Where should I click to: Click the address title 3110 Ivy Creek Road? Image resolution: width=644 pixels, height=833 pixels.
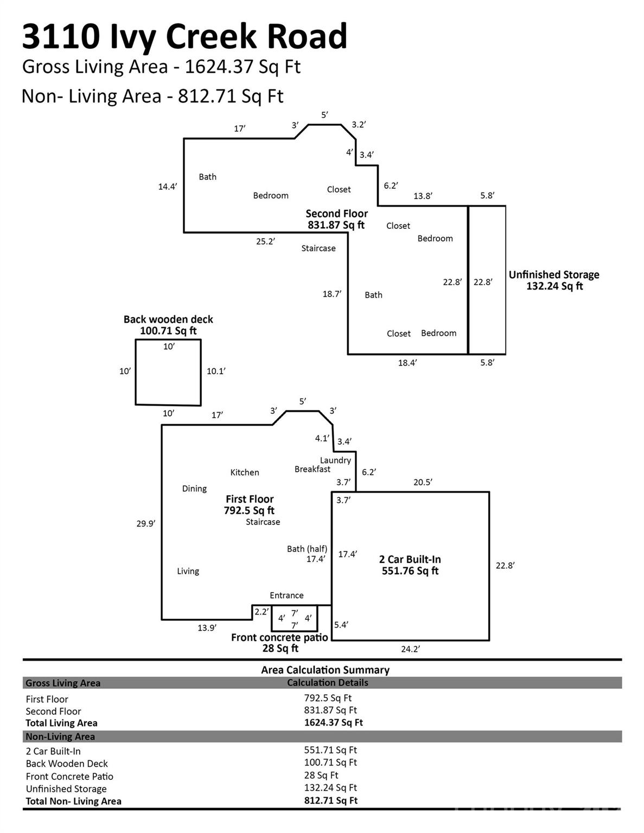pyautogui.click(x=184, y=36)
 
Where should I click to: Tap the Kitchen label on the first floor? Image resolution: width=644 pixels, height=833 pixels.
pyautogui.click(x=245, y=472)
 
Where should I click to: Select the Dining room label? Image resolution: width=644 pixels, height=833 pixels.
pyautogui.click(x=194, y=489)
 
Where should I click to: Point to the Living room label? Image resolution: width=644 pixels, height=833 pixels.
pyautogui.click(x=188, y=571)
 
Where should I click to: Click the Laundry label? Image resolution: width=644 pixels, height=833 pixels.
pyautogui.click(x=335, y=460)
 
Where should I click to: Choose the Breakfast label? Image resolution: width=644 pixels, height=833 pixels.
pyautogui.click(x=313, y=469)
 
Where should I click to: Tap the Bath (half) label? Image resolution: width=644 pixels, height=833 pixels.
pyautogui.click(x=307, y=549)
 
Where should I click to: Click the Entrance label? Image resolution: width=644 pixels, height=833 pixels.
pyautogui.click(x=286, y=595)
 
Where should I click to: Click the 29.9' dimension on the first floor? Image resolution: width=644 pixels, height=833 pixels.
pyautogui.click(x=146, y=524)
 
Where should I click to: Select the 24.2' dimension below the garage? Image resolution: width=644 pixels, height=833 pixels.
pyautogui.click(x=410, y=649)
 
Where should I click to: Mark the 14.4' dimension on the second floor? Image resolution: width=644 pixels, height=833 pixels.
pyautogui.click(x=168, y=187)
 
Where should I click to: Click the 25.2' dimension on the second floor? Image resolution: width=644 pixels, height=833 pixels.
pyautogui.click(x=265, y=241)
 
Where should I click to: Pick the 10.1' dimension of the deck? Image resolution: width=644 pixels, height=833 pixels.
pyautogui.click(x=216, y=371)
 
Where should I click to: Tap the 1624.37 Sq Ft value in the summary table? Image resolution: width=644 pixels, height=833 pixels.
pyautogui.click(x=333, y=722)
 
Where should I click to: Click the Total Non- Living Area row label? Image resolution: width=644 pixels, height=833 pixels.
pyautogui.click(x=73, y=801)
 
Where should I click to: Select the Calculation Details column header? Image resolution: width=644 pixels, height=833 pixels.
pyautogui.click(x=327, y=683)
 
